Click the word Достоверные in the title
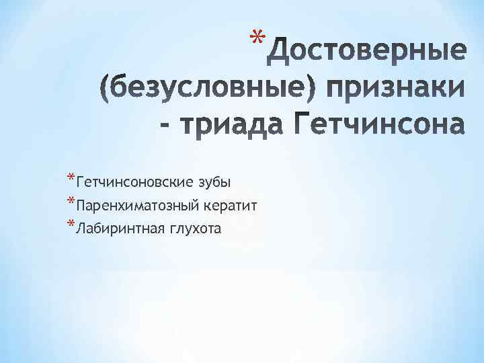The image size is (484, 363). click(x=366, y=50)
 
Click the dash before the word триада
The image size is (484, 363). click(x=166, y=125)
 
